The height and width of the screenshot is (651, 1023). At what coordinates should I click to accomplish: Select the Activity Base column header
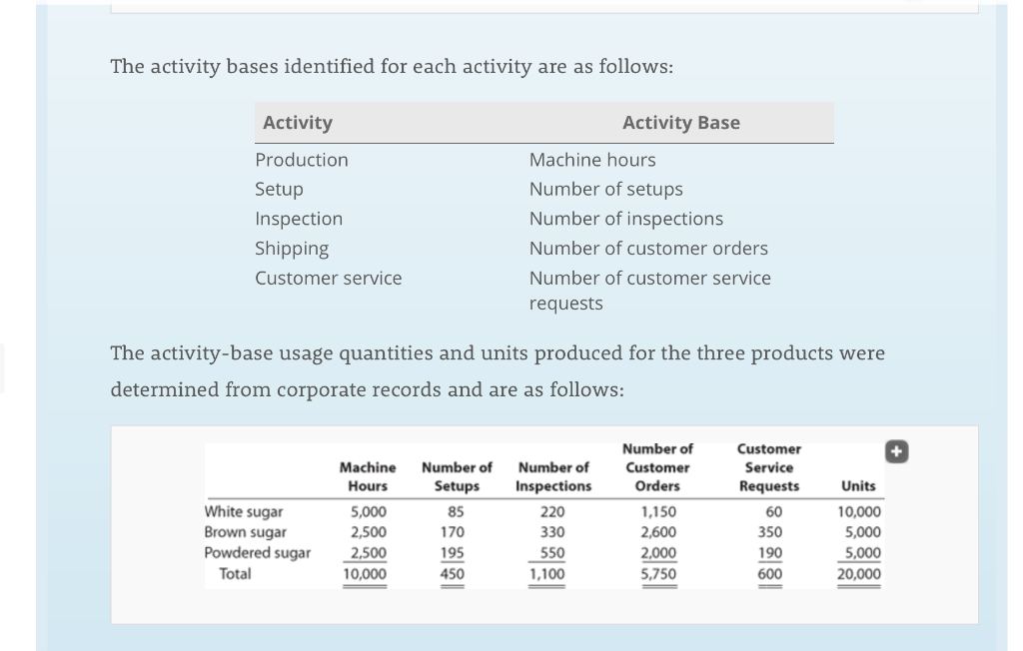tap(680, 123)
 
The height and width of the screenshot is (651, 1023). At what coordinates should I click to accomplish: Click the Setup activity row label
tap(279, 189)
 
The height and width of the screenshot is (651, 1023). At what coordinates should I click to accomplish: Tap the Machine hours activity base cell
tap(592, 160)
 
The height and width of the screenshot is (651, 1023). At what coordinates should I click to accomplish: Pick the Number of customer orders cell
tap(648, 248)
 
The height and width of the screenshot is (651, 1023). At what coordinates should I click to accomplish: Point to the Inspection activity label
tap(298, 219)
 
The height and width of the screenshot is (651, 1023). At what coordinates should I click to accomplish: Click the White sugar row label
tap(243, 511)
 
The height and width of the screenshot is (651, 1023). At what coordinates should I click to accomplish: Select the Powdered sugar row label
tap(257, 552)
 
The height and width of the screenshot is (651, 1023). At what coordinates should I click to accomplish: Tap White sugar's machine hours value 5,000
tap(367, 511)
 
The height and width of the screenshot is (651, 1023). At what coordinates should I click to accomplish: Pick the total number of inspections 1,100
tap(546, 574)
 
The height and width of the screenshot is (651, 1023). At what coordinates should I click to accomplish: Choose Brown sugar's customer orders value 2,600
tap(657, 532)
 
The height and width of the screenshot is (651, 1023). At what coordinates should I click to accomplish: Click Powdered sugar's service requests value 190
tap(769, 553)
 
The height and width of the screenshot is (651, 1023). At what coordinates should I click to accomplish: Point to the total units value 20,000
tap(858, 574)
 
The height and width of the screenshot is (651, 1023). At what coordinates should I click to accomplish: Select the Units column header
tap(858, 486)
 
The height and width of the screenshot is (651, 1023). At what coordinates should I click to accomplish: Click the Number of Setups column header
tap(457, 476)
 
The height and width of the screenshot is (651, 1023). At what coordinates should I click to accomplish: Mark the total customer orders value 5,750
tap(657, 574)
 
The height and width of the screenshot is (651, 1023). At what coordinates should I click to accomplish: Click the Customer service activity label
tap(328, 278)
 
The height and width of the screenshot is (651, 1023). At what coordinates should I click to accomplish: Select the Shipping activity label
tap(291, 248)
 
